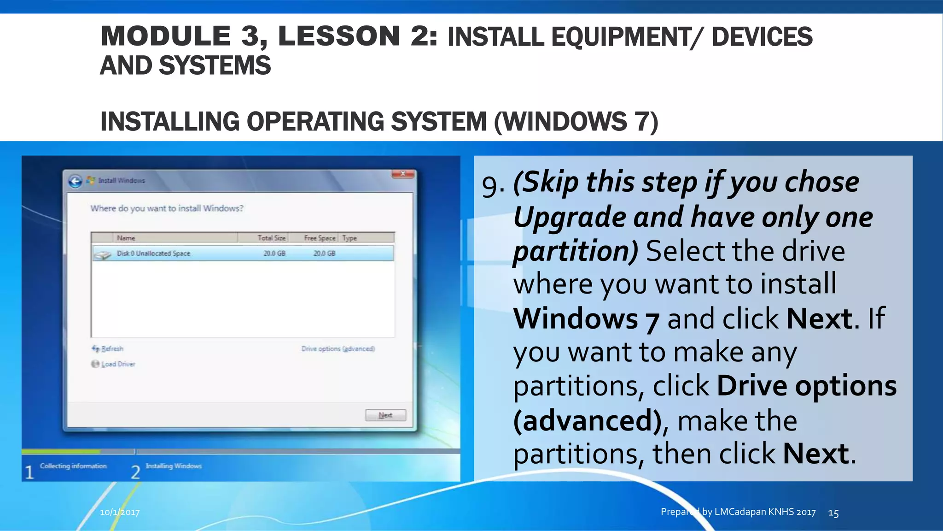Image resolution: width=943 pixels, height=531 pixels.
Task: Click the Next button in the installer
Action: click(385, 415)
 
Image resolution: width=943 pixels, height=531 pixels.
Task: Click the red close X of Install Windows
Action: click(403, 174)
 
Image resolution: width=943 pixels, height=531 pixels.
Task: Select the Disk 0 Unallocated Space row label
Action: click(153, 254)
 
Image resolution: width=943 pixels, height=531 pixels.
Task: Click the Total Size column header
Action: click(271, 238)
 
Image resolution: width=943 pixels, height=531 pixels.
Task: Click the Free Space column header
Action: click(320, 238)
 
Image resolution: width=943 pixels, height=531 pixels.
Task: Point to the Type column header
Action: click(349, 238)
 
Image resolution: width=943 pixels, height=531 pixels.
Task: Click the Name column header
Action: click(126, 238)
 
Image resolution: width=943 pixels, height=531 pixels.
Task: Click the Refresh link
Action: click(112, 349)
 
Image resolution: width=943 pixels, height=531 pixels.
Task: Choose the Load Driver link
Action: click(118, 364)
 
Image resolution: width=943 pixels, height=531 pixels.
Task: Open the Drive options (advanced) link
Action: click(338, 349)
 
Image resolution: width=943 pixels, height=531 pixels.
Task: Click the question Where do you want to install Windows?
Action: click(167, 208)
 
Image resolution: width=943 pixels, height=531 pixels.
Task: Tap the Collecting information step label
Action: click(73, 466)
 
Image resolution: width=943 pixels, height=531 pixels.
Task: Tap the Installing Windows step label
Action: click(174, 466)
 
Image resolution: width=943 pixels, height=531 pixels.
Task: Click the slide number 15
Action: click(833, 513)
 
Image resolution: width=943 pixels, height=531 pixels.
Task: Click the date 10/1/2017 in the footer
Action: click(120, 512)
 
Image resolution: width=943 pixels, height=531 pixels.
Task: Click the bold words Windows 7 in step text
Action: click(586, 319)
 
